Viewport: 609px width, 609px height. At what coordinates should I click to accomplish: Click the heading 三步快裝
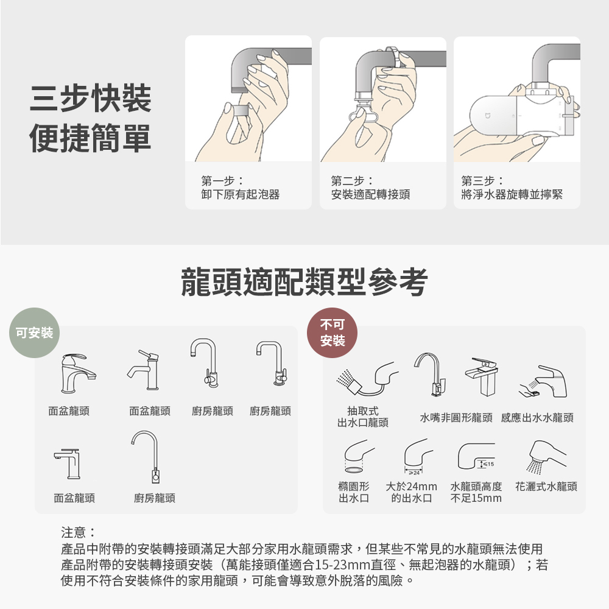click(x=91, y=98)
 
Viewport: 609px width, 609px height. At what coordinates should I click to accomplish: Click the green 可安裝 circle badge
click(x=35, y=333)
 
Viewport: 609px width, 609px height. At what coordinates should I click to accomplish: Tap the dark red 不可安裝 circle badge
click(x=333, y=333)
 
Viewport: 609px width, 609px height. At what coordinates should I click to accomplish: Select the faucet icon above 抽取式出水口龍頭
click(x=367, y=378)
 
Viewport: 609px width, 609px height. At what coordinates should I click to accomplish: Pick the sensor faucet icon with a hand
click(x=543, y=381)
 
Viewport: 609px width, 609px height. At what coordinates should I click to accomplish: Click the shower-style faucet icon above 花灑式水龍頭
click(x=546, y=457)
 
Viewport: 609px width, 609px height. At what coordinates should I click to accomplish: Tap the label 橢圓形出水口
click(x=354, y=492)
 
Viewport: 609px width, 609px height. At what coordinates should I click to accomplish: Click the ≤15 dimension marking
click(x=487, y=463)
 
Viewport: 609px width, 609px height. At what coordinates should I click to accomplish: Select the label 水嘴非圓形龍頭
click(x=456, y=418)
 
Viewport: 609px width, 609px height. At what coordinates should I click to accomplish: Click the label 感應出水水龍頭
click(x=538, y=418)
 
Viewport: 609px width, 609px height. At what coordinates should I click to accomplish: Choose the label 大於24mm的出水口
click(x=411, y=492)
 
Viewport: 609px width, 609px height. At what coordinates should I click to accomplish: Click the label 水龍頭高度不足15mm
click(x=476, y=492)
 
